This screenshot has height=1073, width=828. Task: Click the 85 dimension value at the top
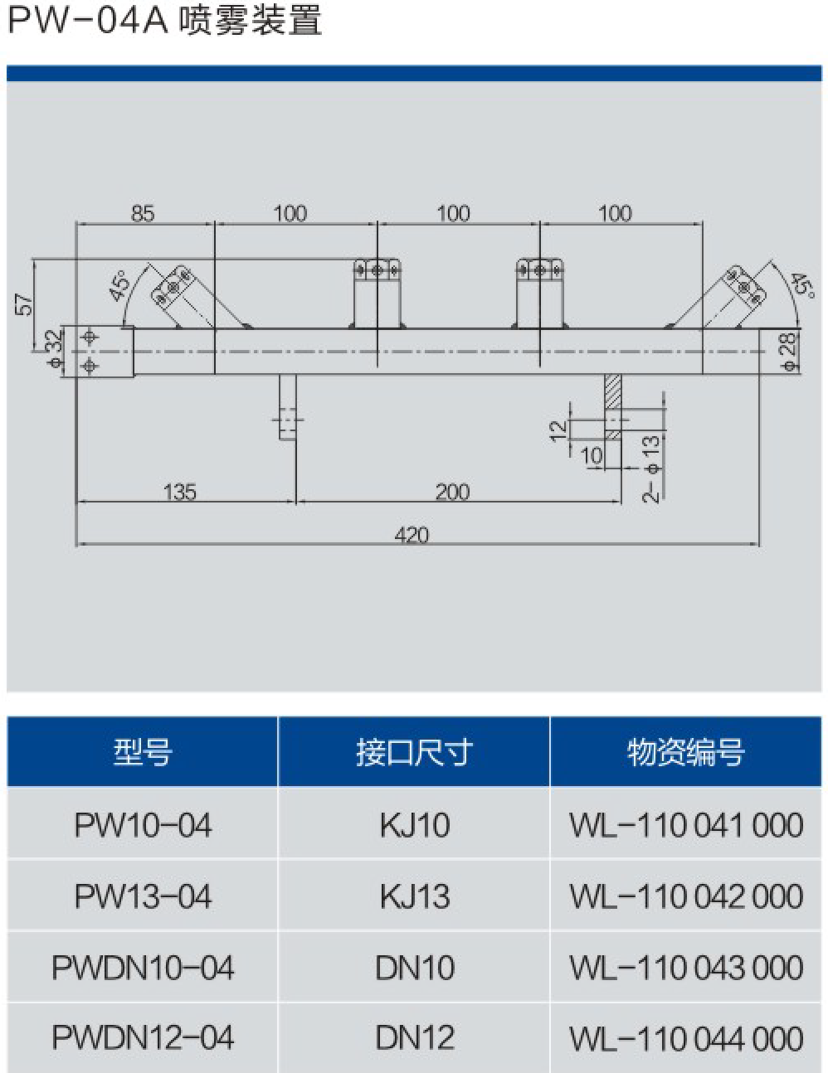pos(143,213)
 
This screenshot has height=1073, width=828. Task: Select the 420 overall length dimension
pos(412,535)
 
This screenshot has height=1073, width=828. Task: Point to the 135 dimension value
pos(180,493)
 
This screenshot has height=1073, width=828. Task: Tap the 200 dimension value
pos(452,493)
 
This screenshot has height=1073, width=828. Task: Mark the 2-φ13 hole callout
pos(653,469)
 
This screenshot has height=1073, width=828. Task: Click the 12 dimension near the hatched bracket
pos(558,429)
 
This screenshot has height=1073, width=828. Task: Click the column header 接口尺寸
pos(414,753)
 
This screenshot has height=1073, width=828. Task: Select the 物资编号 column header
pos(686,753)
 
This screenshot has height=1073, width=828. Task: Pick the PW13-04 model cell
pos(143,896)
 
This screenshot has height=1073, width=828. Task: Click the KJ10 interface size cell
pos(414,825)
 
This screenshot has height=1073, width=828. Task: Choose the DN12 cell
pos(414,1038)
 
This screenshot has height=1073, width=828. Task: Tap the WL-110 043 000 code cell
pos(686,968)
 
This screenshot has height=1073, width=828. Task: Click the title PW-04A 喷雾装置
pos(164,20)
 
